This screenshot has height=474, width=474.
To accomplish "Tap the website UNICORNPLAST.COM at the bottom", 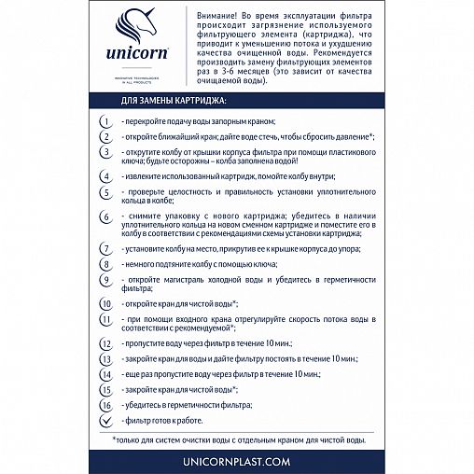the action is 237,460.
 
